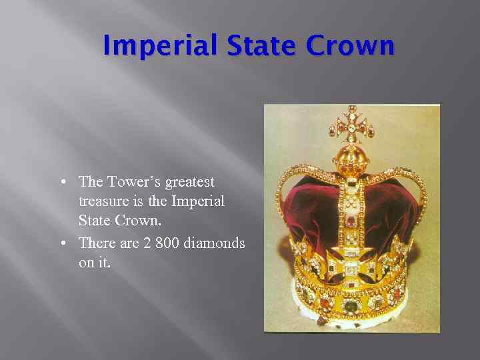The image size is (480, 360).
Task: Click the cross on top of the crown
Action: [x=351, y=124]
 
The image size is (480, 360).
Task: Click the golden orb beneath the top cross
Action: [x=351, y=157]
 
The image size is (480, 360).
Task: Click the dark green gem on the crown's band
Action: [x=350, y=306]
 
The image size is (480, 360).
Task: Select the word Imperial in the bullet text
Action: [x=198, y=201]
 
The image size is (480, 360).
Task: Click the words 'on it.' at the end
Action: [x=95, y=263]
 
